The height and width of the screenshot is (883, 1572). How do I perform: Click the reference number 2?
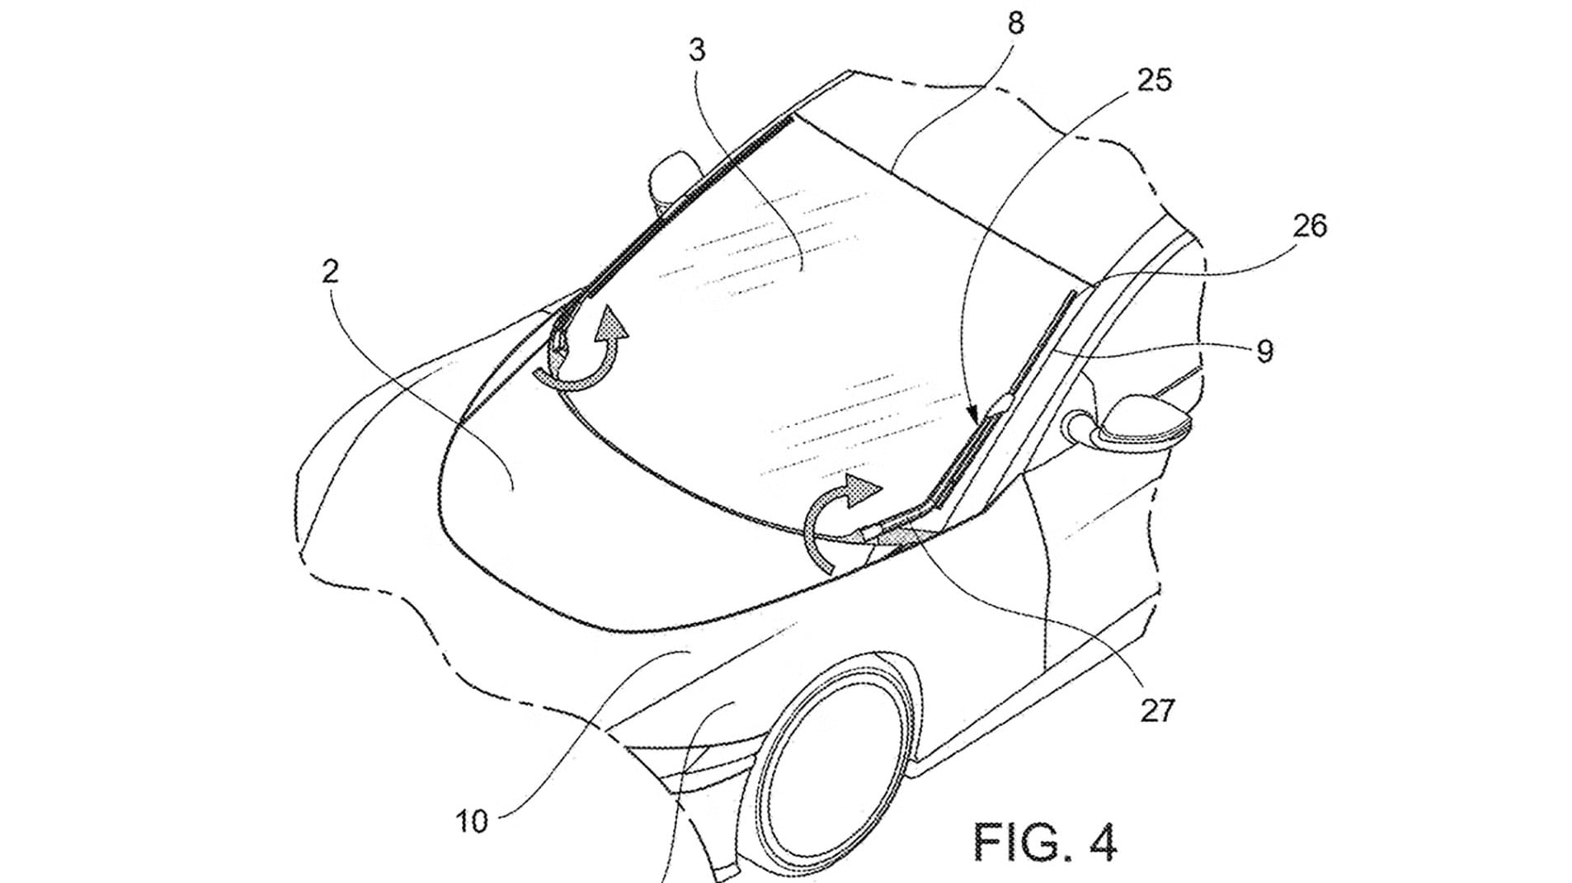click(330, 272)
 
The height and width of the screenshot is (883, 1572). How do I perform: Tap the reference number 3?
click(698, 50)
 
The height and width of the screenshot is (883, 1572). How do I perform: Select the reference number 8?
click(1015, 23)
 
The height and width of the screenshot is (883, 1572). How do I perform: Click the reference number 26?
click(1310, 225)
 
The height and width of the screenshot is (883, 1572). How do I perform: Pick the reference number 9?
click(1264, 352)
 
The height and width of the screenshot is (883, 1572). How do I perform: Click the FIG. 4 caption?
click(1045, 841)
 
